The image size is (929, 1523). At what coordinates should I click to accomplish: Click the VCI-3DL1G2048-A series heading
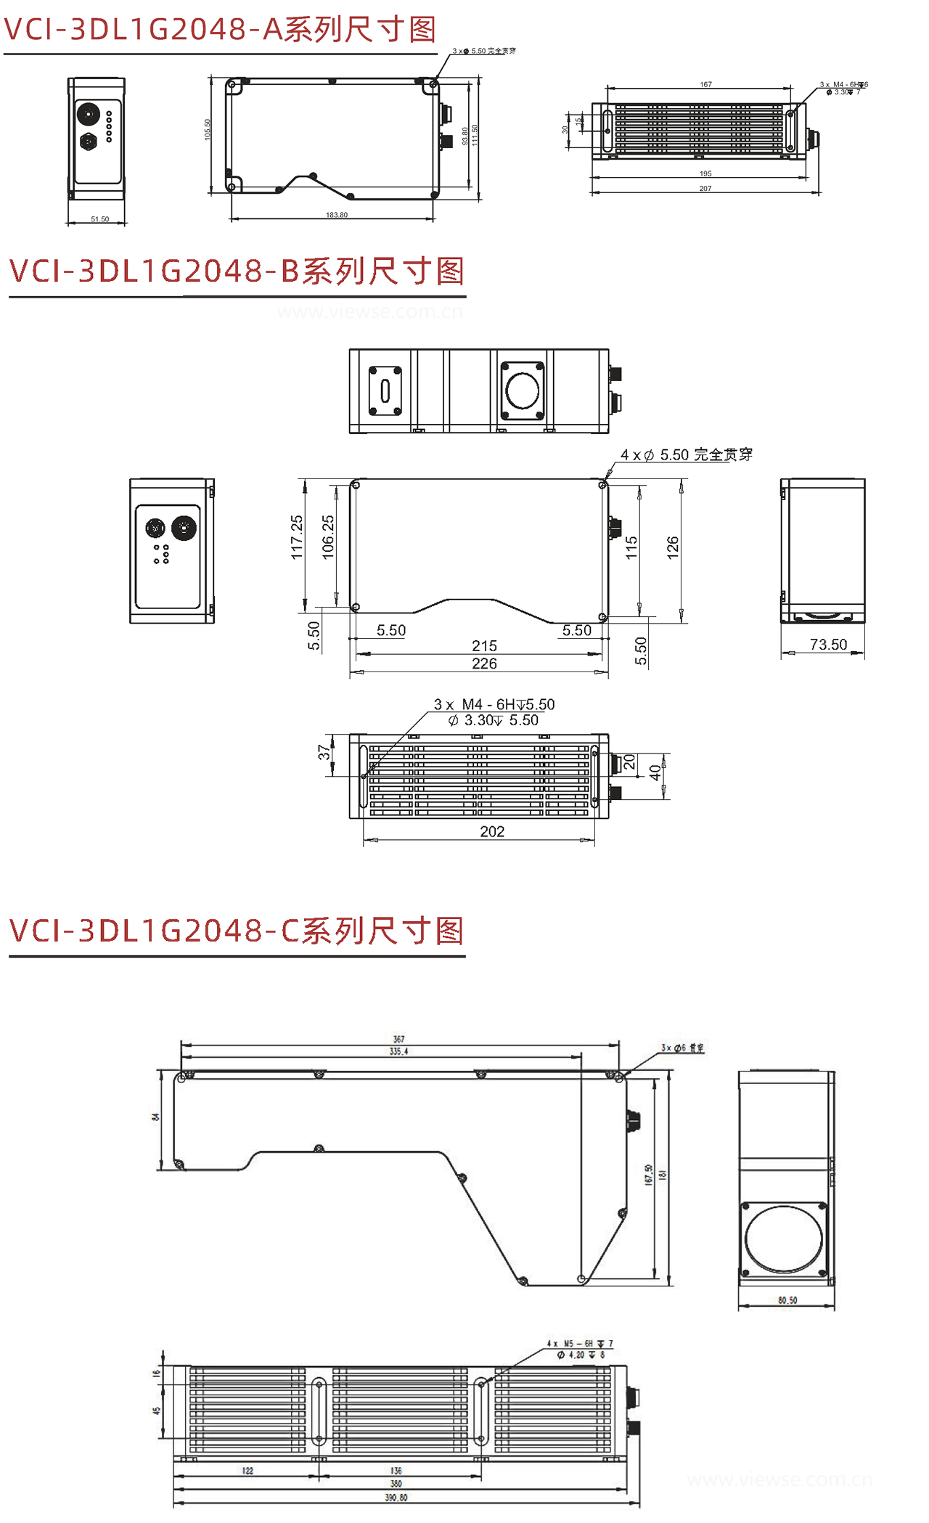[x=220, y=29]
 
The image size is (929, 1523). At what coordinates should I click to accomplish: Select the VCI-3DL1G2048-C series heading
[x=237, y=931]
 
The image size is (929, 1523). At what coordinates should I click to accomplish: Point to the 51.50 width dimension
[x=100, y=219]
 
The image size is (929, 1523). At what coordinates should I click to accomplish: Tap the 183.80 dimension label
[x=337, y=215]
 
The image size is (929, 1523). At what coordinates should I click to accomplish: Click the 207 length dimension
[x=705, y=189]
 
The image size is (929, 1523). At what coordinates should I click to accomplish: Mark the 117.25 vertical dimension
[x=297, y=537]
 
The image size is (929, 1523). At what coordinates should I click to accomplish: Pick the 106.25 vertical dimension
[x=328, y=537]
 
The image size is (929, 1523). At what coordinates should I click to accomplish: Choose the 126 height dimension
[x=673, y=546]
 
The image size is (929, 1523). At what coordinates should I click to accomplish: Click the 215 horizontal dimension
[x=484, y=645]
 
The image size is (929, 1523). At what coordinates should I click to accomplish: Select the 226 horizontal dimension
[x=484, y=663]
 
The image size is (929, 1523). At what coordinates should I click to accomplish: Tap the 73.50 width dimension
[x=828, y=645]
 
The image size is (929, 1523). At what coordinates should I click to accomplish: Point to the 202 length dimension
[x=492, y=831]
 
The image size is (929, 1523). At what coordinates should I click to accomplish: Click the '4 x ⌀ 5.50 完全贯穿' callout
[x=686, y=455]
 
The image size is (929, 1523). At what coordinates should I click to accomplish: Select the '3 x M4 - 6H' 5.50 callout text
[x=494, y=704]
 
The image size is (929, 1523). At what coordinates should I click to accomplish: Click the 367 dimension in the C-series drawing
[x=398, y=1039]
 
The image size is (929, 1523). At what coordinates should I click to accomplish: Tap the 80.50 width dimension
[x=787, y=1300]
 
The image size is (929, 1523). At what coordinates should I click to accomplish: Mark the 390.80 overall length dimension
[x=396, y=1498]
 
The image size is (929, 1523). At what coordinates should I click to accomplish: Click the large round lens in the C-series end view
[x=785, y=1238]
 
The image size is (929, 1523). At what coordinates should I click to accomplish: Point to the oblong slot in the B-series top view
[x=385, y=391]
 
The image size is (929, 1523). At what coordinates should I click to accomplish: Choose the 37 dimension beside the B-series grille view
[x=324, y=753]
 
